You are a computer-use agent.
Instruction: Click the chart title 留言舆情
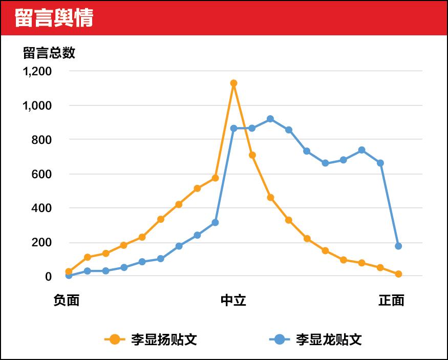pyautogui.click(x=53, y=18)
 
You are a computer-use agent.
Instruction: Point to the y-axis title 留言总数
pyautogui.click(x=49, y=53)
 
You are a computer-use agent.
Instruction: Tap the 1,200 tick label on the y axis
pyautogui.click(x=37, y=71)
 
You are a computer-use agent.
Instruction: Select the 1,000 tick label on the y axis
pyautogui.click(x=37, y=105)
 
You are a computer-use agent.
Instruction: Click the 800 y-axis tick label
pyautogui.click(x=41, y=140)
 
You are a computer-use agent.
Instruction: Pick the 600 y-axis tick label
pyautogui.click(x=41, y=174)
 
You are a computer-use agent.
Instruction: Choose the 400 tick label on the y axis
pyautogui.click(x=41, y=208)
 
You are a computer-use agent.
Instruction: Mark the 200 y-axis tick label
pyautogui.click(x=41, y=242)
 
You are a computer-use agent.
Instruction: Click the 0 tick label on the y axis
pyautogui.click(x=49, y=277)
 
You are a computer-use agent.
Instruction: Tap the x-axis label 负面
pyautogui.click(x=67, y=301)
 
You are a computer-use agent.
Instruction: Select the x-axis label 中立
pyautogui.click(x=233, y=301)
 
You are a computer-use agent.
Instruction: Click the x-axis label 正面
pyautogui.click(x=392, y=301)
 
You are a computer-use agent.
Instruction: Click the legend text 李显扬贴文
pyautogui.click(x=164, y=340)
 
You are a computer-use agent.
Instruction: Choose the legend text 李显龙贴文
pyautogui.click(x=329, y=340)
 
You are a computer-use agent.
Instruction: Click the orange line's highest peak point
pyautogui.click(x=233, y=83)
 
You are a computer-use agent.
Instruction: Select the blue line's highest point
pyautogui.click(x=270, y=119)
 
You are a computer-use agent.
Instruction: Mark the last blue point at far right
pyautogui.click(x=398, y=246)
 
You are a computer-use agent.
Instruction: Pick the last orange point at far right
pyautogui.click(x=398, y=274)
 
